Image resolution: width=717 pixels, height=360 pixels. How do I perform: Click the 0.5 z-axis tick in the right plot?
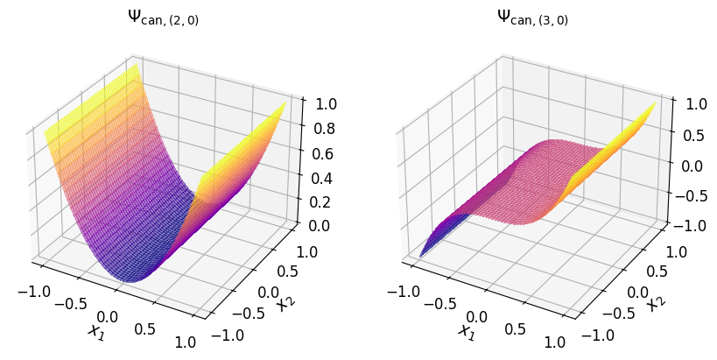(x=694, y=134)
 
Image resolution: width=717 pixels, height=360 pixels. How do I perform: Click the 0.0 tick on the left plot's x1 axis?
(x=107, y=315)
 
